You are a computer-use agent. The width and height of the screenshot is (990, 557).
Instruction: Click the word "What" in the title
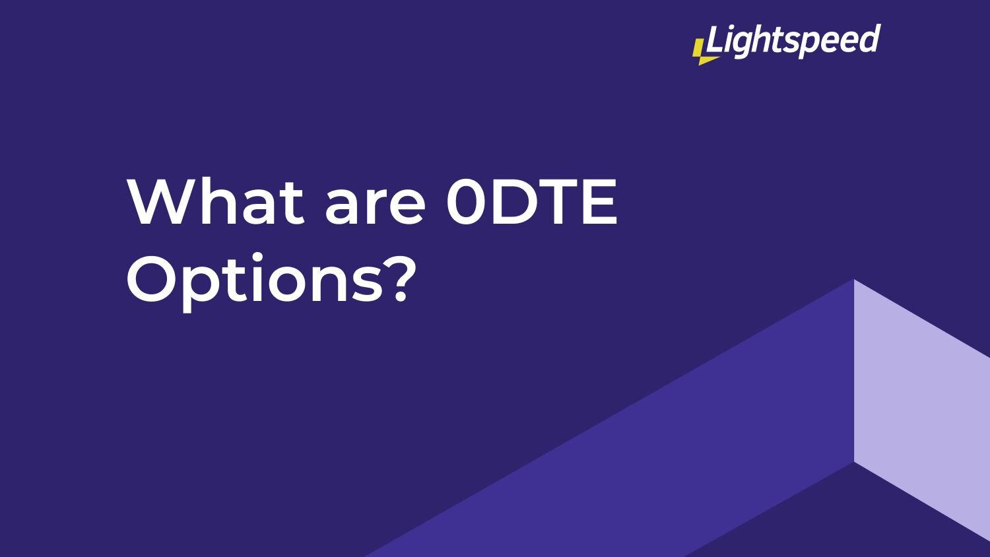pos(216,201)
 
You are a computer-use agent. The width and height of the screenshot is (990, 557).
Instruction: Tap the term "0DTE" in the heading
pos(531,201)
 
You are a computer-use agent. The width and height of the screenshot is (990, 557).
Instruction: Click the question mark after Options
pos(399,278)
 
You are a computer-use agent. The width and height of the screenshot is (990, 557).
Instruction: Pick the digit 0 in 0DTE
pos(467,201)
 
